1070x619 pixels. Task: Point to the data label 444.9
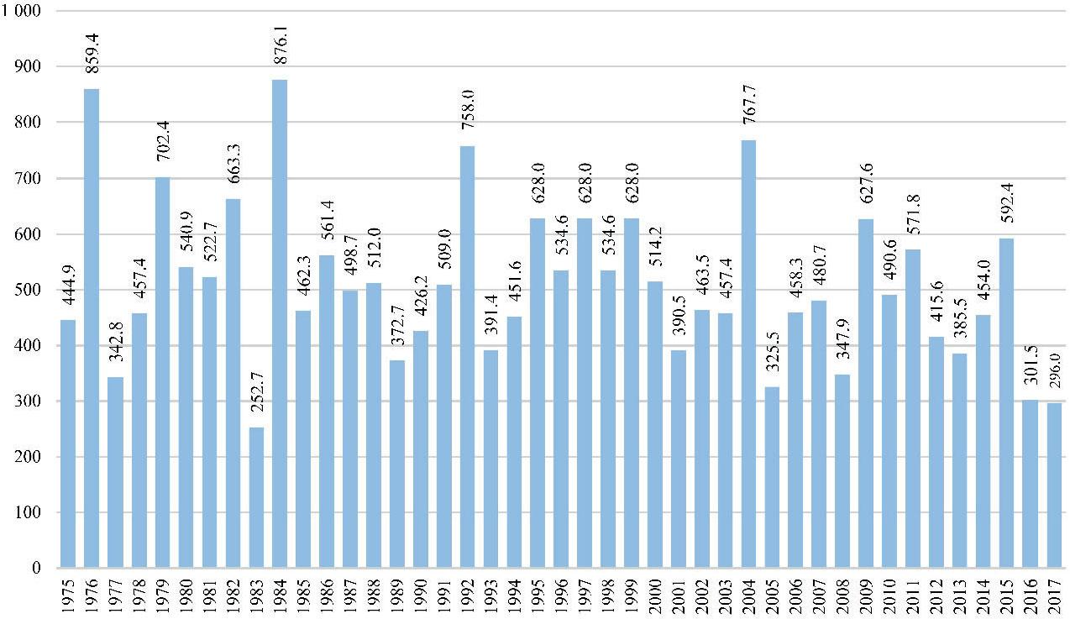(68, 292)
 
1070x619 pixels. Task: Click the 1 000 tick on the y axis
(25, 11)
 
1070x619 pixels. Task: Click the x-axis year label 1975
(68, 595)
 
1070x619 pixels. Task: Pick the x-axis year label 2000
(655, 595)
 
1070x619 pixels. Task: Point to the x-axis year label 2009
(867, 595)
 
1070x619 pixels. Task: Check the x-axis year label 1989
(397, 595)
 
